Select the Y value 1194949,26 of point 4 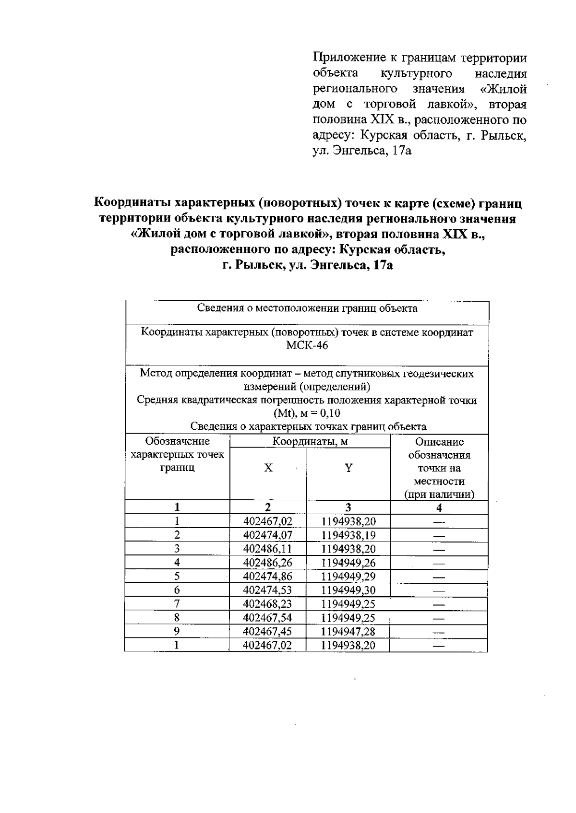pos(348,563)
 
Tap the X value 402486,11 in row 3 pos(267,549)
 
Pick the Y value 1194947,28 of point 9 pos(348,631)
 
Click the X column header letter pos(268,468)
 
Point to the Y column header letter pos(348,468)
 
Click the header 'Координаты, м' pos(310,442)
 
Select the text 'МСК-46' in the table pos(307,345)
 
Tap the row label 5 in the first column pos(177,576)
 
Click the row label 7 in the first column pos(177,603)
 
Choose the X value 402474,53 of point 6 pos(267,590)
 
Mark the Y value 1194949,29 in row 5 pos(348,576)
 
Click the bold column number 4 pos(439,508)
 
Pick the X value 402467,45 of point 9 pos(267,631)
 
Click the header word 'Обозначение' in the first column pos(177,441)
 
